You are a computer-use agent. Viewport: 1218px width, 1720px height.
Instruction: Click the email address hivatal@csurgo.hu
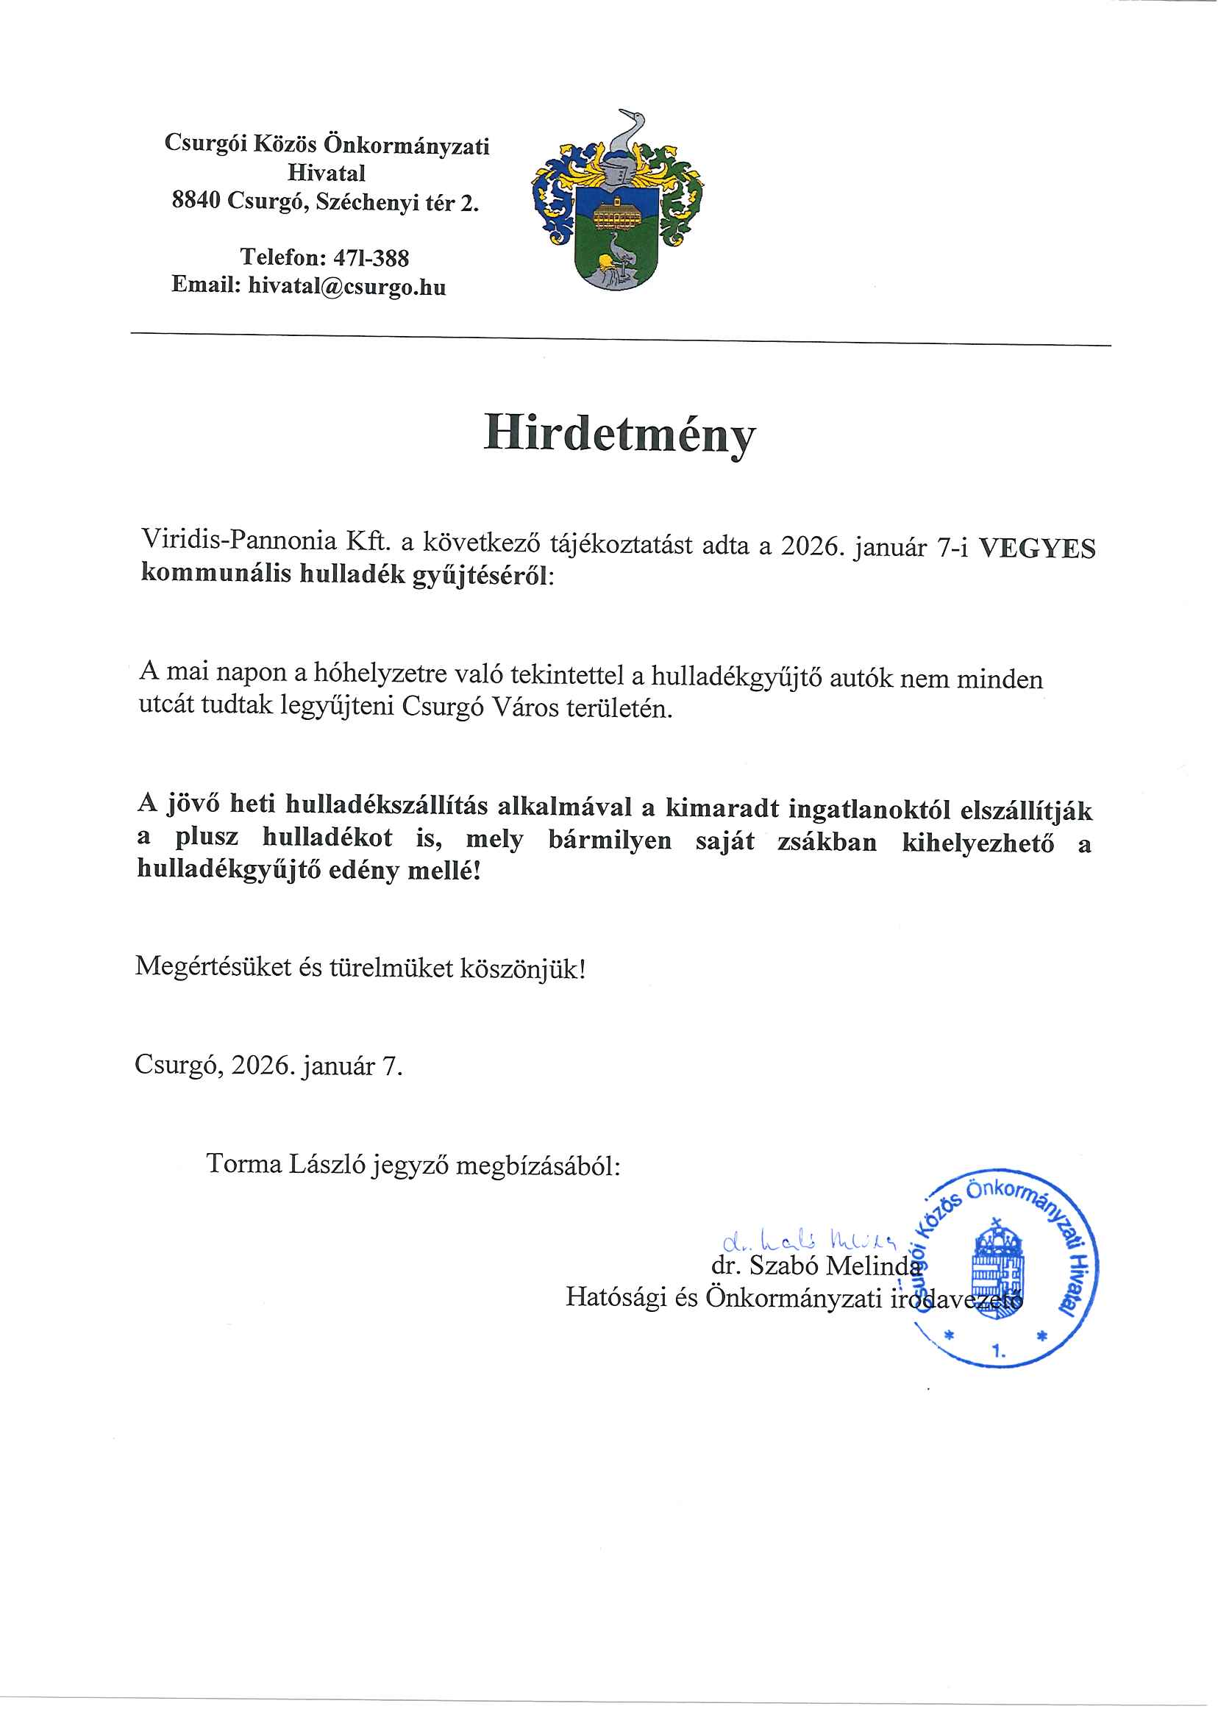(346, 285)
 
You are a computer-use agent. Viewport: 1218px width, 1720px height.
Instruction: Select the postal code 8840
(195, 201)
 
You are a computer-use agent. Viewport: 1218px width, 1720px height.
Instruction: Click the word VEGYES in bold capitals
(1036, 549)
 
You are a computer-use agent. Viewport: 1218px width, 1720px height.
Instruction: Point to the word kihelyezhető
(977, 843)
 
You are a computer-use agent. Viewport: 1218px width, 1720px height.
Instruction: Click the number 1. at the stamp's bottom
(998, 1351)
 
